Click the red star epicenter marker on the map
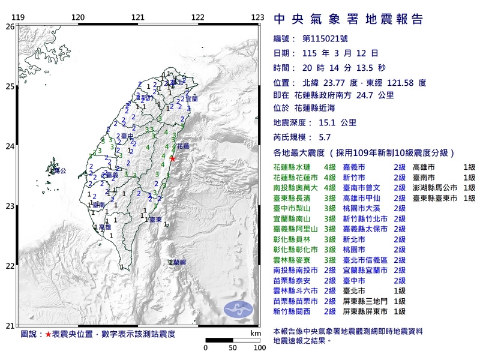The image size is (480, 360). coord(173,158)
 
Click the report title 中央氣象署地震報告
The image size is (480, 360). coord(348,19)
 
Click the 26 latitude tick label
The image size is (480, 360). coord(10,26)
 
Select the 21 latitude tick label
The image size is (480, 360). coord(10,326)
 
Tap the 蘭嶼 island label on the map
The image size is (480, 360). coord(177,262)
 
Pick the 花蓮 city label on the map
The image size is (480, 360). coord(181,146)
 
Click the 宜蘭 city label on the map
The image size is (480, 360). coord(190,98)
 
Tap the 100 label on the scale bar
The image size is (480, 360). coord(259,347)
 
